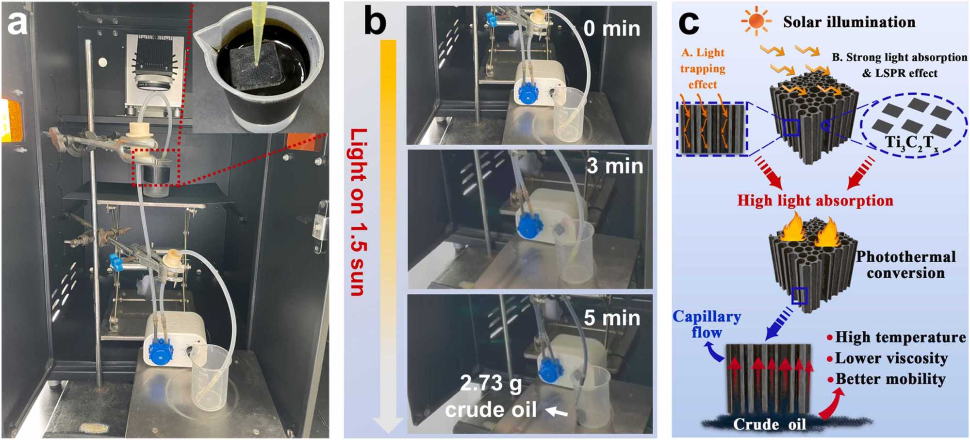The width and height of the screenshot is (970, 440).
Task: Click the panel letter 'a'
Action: point(17,23)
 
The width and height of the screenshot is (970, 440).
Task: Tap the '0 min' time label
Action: point(611,28)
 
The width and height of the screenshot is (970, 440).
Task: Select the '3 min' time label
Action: point(614,166)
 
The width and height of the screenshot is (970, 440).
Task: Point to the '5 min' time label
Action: point(611,318)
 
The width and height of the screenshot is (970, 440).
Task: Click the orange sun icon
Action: point(756,21)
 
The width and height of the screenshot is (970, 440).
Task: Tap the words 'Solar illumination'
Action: point(849,22)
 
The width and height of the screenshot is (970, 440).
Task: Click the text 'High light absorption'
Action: point(815,201)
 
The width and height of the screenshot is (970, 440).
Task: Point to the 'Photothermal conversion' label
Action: point(905,265)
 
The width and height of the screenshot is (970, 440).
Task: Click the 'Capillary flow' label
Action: point(707,324)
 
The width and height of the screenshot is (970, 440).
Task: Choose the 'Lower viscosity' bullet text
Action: point(891,358)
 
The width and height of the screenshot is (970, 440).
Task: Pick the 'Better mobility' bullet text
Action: point(890,379)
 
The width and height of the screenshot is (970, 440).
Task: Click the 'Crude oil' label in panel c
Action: point(769,424)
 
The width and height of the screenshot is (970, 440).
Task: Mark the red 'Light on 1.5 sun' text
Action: point(358,212)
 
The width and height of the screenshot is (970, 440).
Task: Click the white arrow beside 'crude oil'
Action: point(556,412)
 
